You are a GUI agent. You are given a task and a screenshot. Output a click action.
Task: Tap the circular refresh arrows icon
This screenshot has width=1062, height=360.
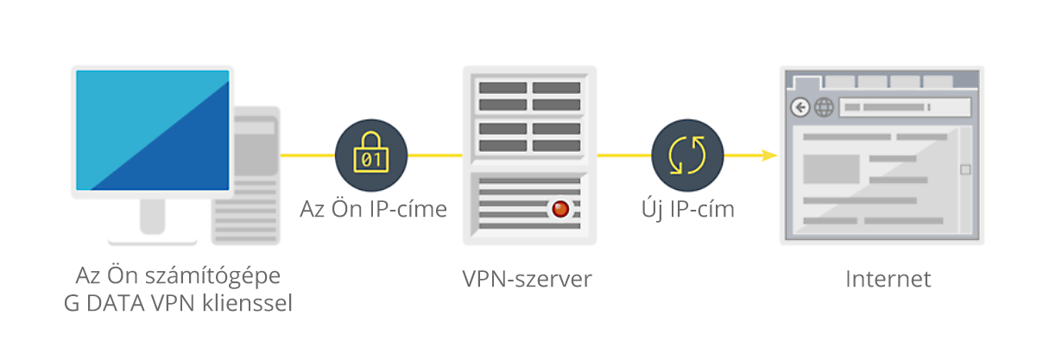coord(687,155)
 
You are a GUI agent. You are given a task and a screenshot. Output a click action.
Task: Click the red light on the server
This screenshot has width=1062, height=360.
coord(560,209)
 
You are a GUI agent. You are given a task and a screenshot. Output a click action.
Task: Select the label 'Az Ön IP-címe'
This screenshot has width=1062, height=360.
coord(374,209)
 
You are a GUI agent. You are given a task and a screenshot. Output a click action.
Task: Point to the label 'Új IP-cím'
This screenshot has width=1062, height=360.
coord(688,209)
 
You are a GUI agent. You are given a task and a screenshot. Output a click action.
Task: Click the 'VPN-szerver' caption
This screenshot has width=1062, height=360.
coord(528,279)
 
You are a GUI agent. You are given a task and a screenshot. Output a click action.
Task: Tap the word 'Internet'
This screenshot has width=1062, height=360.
coord(888,279)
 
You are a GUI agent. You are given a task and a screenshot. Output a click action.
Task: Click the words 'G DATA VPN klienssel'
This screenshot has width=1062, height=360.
coord(178,303)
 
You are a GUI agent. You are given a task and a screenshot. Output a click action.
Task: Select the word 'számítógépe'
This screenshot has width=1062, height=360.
coord(213,276)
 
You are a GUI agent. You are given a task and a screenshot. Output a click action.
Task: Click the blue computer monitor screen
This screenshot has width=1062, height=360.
coord(153,130)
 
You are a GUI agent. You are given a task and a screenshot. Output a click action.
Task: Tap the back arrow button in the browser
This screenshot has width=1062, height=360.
coord(800,107)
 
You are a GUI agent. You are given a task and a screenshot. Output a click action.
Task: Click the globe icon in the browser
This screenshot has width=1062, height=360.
coord(824,107)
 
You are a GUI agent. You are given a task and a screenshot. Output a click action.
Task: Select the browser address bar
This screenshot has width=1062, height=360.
coord(905,107)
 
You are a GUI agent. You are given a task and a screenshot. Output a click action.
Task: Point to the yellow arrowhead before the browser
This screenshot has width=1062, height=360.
coord(769,155)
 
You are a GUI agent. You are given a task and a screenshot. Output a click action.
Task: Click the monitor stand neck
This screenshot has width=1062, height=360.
coord(152,216)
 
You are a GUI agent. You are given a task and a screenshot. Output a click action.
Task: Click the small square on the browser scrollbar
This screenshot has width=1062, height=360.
coord(965,170)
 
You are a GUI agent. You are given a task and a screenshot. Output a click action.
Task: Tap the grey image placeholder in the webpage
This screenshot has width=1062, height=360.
coord(831,169)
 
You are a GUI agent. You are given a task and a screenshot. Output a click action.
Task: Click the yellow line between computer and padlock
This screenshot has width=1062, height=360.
coord(307,155)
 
